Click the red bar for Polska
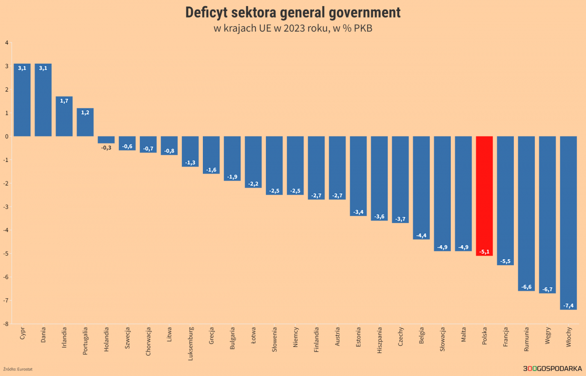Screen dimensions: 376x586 coord(484,196)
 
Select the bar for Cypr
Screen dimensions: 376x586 coord(22,100)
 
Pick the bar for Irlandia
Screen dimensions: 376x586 coord(64,116)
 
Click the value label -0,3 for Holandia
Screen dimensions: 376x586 coord(106,148)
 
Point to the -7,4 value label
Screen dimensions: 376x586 coord(568,305)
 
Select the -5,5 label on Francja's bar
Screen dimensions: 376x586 coord(505,261)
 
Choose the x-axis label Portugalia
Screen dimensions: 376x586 coord(86,341)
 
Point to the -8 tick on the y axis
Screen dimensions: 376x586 coord(7,324)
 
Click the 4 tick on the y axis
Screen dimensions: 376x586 coord(7,43)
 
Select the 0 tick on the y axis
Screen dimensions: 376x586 coord(7,136)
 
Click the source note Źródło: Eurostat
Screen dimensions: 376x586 coord(18,369)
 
